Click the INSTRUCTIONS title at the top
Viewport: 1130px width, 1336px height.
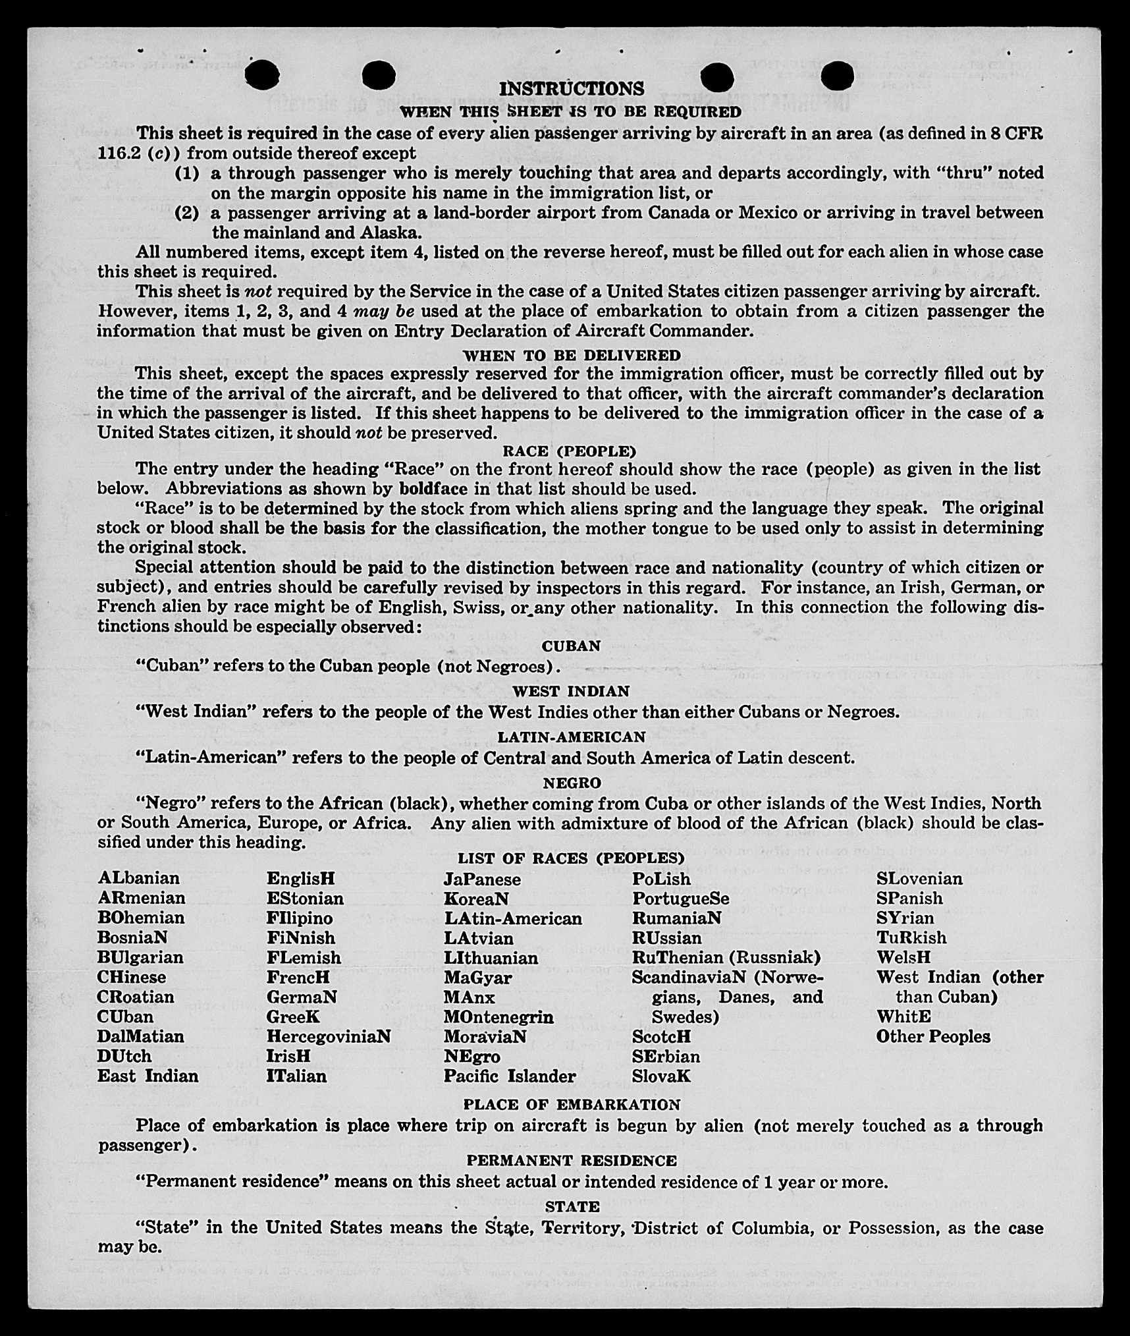pyautogui.click(x=571, y=89)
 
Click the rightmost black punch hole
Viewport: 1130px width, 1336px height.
pyautogui.click(x=837, y=76)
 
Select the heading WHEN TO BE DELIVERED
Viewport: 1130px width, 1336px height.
pyautogui.click(x=571, y=355)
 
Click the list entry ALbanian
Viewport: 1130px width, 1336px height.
pyautogui.click(x=138, y=878)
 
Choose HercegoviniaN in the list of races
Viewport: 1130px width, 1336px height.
pyautogui.click(x=328, y=1036)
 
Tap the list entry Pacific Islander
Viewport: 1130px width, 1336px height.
pyautogui.click(x=509, y=1076)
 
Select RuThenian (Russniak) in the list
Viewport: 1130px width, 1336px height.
pyautogui.click(x=726, y=957)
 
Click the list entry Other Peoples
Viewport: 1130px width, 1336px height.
pyautogui.click(x=932, y=1036)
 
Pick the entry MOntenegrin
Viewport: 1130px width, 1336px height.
pyautogui.click(x=498, y=1016)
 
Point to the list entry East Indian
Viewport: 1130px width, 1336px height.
pyautogui.click(x=148, y=1076)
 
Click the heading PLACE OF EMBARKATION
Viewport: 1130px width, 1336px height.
pyautogui.click(x=571, y=1105)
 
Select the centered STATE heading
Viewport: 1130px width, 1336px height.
pyautogui.click(x=572, y=1206)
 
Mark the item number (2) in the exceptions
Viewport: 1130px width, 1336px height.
pyautogui.click(x=186, y=213)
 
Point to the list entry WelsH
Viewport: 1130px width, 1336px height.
pyautogui.click(x=903, y=957)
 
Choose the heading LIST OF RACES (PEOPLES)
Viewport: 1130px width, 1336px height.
pyautogui.click(x=571, y=858)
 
